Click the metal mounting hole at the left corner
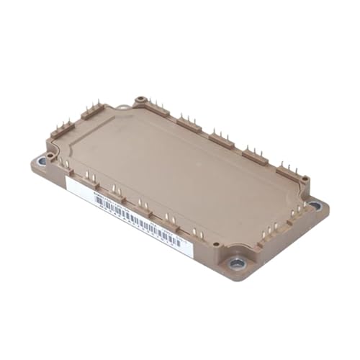click(x=41, y=162)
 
